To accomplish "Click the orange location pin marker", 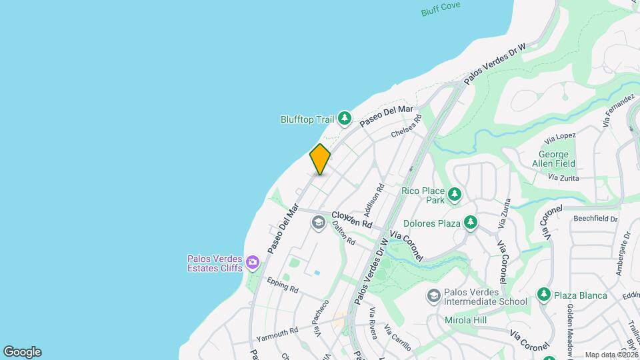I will click(x=320, y=159).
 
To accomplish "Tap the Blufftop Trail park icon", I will click(x=344, y=119).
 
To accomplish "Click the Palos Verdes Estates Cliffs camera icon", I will click(x=253, y=262).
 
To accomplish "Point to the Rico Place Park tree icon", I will click(x=455, y=195).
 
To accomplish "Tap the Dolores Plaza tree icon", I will click(x=471, y=223).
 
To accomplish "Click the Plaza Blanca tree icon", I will click(x=544, y=295).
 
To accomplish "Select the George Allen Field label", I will click(x=553, y=159).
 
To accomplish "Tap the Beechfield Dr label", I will click(x=595, y=218).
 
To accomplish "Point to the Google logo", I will click(x=22, y=352).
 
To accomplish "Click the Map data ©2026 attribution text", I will click(x=611, y=355).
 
